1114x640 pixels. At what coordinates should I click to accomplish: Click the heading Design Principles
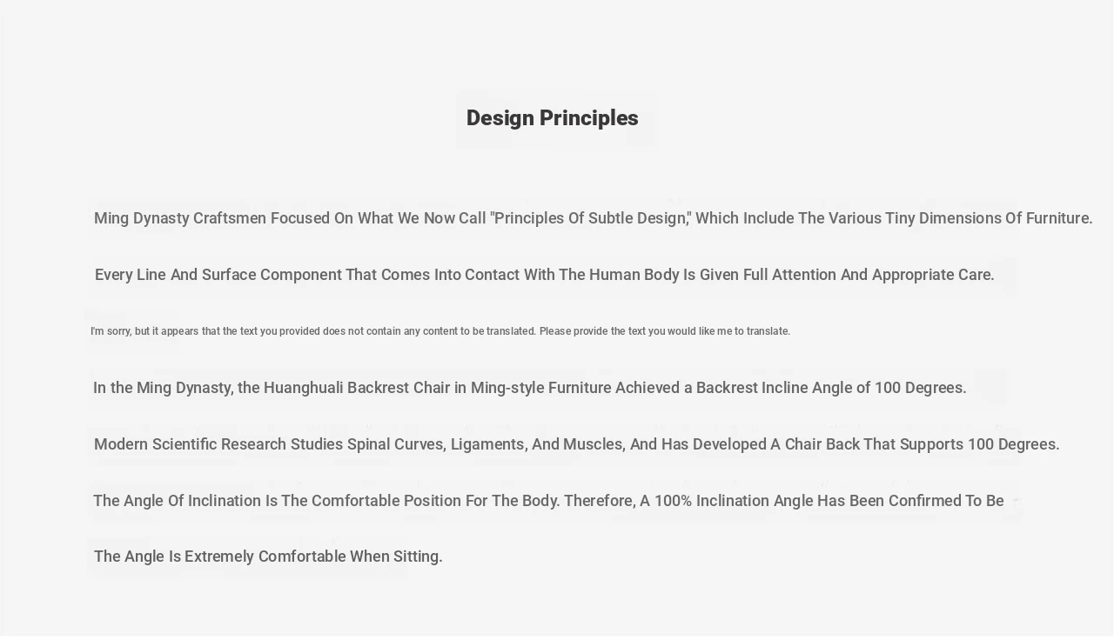[552, 118]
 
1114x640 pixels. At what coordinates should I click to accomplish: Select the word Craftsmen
[229, 218]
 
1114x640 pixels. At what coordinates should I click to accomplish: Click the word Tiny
[900, 218]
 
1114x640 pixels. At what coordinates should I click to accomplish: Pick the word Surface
[229, 275]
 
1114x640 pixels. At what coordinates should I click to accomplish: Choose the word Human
[614, 275]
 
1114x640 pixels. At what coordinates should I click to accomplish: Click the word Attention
[804, 275]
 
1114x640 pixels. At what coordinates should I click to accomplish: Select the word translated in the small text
[511, 331]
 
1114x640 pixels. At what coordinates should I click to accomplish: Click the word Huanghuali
[303, 388]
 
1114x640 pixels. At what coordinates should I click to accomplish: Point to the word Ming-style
[507, 388]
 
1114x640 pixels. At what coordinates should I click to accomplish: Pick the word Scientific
[185, 444]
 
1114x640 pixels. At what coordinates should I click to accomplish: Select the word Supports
[931, 444]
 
